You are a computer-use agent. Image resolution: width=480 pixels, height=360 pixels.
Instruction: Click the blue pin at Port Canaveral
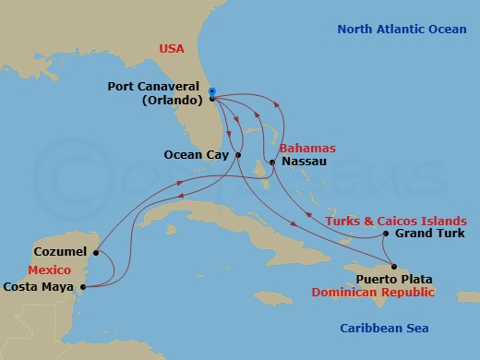pos(211,92)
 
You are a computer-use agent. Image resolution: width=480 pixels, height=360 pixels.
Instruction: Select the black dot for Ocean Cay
pos(239,155)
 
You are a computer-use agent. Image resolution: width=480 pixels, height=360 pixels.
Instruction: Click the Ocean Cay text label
pos(196,155)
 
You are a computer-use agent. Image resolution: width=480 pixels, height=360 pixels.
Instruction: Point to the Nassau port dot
pos(271,162)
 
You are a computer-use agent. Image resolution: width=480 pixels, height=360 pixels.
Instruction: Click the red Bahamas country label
pos(306,148)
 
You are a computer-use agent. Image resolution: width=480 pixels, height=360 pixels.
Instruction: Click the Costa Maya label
pos(41,287)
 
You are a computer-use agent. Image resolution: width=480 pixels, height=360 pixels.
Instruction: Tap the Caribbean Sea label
pos(385,328)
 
